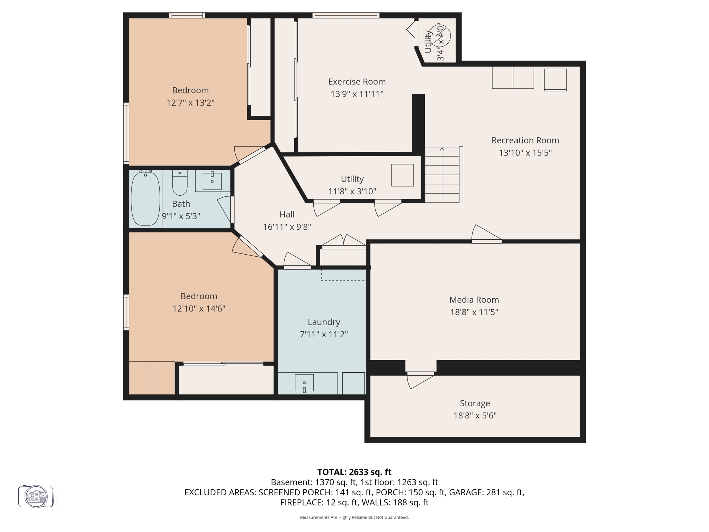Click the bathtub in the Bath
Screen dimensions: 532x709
(x=145, y=198)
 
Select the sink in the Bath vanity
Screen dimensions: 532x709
(x=212, y=181)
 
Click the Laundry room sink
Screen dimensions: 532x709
(x=304, y=383)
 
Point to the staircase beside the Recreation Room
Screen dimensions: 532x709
(x=442, y=175)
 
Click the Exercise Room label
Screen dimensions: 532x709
(x=357, y=82)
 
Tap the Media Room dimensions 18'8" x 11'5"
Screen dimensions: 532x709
(x=474, y=312)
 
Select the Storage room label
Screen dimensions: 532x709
(x=475, y=403)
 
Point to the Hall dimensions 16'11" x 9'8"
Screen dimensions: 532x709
(x=287, y=227)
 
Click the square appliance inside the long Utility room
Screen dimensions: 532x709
(x=402, y=175)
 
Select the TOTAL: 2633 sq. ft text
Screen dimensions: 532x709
(x=354, y=472)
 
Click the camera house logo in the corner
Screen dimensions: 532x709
(x=36, y=496)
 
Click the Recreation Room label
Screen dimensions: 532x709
(x=525, y=140)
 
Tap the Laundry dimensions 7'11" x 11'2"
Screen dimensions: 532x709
(x=324, y=334)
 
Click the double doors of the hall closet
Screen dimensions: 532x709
(x=343, y=242)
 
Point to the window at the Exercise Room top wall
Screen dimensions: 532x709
(x=345, y=15)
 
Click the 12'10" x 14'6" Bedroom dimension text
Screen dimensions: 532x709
(x=199, y=309)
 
